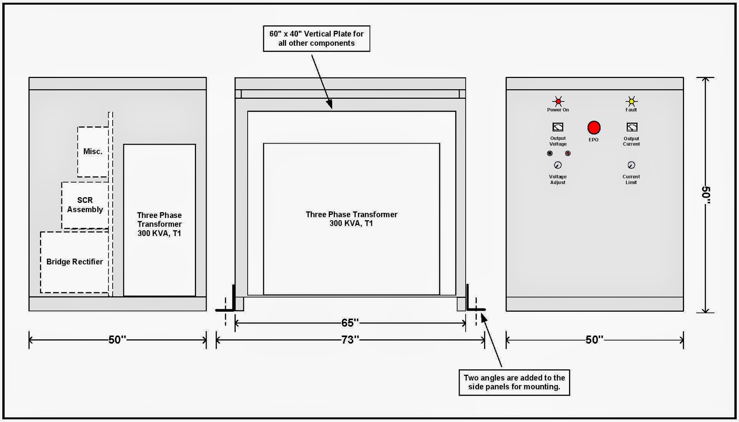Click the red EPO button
tap(594, 127)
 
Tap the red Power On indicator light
tap(558, 101)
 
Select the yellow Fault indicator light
tap(631, 101)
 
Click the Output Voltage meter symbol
tap(558, 127)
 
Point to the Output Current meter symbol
tap(632, 127)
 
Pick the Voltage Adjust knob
tap(557, 165)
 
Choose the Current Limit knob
tap(631, 165)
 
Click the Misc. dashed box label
tap(93, 151)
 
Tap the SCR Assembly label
tap(85, 205)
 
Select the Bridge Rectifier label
tap(74, 262)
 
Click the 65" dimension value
tap(350, 323)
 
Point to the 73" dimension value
tap(350, 339)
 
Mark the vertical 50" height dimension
tap(706, 195)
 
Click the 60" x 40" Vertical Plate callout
tap(316, 39)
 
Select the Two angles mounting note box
tap(515, 382)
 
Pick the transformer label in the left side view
tap(159, 224)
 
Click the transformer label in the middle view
tap(351, 219)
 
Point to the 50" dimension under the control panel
tap(594, 339)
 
